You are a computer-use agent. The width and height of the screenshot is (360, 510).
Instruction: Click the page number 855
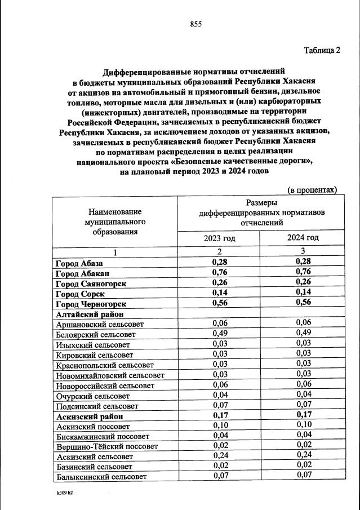click(195, 24)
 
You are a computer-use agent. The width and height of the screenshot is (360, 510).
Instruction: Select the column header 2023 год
click(219, 238)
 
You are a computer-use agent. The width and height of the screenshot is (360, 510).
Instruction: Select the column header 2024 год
click(303, 238)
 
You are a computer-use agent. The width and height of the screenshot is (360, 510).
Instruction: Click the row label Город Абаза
click(79, 263)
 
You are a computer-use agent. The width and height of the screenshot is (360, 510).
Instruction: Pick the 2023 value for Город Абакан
click(219, 273)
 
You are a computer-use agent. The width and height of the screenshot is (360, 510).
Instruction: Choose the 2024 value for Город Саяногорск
click(303, 283)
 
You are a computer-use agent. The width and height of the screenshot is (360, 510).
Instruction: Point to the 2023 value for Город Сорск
click(219, 294)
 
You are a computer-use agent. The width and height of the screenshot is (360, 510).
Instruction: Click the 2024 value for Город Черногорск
click(303, 304)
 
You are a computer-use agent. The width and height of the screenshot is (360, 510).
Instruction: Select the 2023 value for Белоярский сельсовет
click(219, 334)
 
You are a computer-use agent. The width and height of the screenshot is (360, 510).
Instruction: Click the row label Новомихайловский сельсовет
click(110, 375)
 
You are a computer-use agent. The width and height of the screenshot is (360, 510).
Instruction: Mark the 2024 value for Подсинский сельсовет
click(303, 405)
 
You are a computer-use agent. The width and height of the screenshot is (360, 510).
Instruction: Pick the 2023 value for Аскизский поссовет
click(219, 426)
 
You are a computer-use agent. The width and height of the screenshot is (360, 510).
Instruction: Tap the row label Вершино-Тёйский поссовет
click(106, 446)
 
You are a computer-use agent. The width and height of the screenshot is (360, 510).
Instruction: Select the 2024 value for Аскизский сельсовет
click(303, 456)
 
